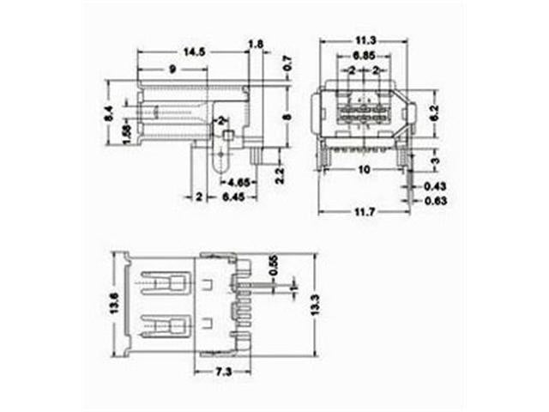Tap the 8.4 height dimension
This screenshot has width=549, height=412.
tap(107, 112)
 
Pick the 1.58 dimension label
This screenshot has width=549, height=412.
tap(126, 135)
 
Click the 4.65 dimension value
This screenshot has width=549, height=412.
tap(239, 183)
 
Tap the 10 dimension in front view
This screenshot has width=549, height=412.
tap(365, 170)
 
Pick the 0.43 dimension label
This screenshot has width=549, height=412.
tap(435, 186)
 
